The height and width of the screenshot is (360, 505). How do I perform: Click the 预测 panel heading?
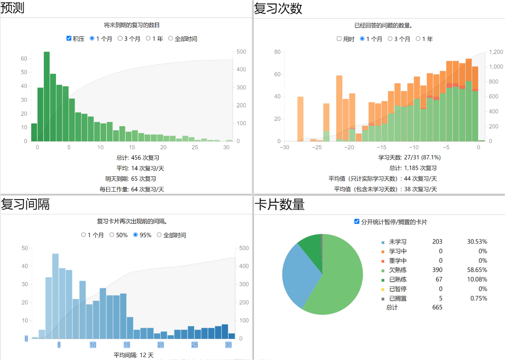point(13,8)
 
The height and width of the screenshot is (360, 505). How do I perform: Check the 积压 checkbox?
point(69,39)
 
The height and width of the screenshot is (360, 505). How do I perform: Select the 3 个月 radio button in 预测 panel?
point(120,39)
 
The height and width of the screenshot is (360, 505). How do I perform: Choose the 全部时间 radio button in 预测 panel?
point(171,39)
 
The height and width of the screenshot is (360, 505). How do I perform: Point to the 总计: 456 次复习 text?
point(134,157)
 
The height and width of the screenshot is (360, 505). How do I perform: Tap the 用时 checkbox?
point(339,39)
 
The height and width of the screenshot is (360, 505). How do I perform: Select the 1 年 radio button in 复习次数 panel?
point(418,39)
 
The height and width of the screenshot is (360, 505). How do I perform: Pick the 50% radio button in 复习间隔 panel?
point(112,235)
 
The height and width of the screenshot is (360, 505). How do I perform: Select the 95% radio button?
point(136,235)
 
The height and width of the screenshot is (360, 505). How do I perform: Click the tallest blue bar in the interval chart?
point(56,296)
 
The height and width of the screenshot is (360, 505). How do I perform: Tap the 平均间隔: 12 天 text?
point(133,355)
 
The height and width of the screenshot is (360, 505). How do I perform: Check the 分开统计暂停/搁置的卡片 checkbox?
point(357,221)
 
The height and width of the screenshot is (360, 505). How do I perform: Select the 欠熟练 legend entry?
point(398,270)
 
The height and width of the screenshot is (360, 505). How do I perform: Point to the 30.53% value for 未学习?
point(477,241)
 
